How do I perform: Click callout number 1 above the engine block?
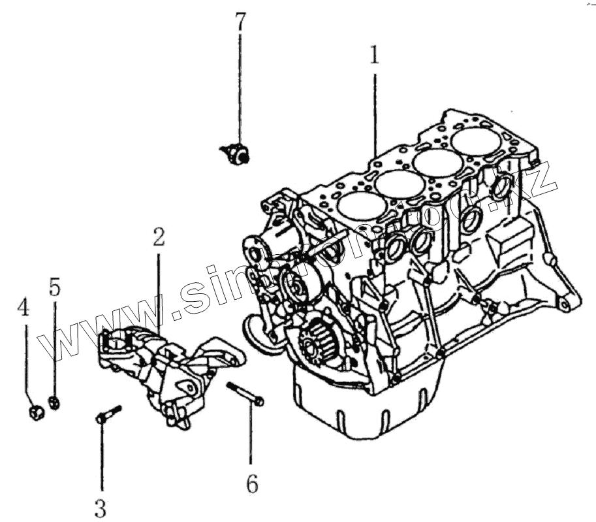pyautogui.click(x=374, y=56)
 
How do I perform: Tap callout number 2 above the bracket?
pyautogui.click(x=159, y=237)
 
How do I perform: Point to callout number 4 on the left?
pyautogui.click(x=24, y=306)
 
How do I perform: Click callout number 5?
pyautogui.click(x=54, y=286)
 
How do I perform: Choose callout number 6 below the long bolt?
pyautogui.click(x=252, y=484)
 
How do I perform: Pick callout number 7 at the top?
pyautogui.click(x=240, y=21)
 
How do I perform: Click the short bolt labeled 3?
pyautogui.click(x=108, y=414)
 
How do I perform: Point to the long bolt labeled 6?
pyautogui.click(x=245, y=393)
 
